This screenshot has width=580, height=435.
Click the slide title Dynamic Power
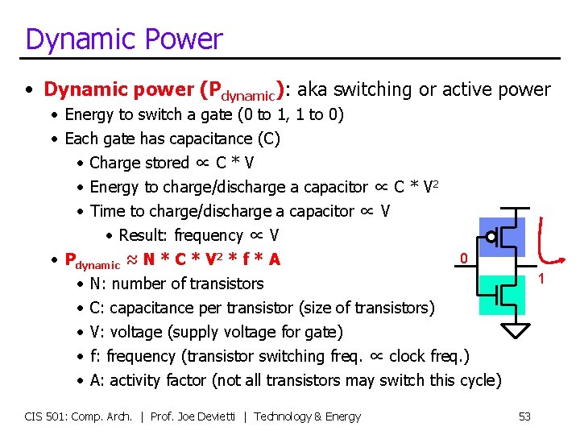point(123,39)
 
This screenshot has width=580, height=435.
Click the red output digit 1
point(541,279)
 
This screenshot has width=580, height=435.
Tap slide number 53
point(524,416)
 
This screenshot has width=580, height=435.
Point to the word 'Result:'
point(140,235)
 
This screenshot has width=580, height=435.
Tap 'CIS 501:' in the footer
point(44,416)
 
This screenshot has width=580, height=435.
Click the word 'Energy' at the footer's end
point(342,416)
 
